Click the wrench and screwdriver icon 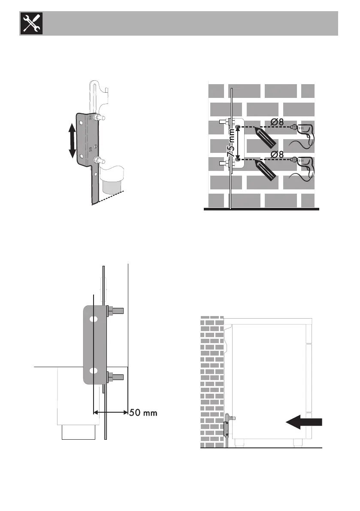click(30, 24)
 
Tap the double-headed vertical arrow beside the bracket click(72, 140)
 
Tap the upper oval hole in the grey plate click(93, 319)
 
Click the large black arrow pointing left click(303, 423)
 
